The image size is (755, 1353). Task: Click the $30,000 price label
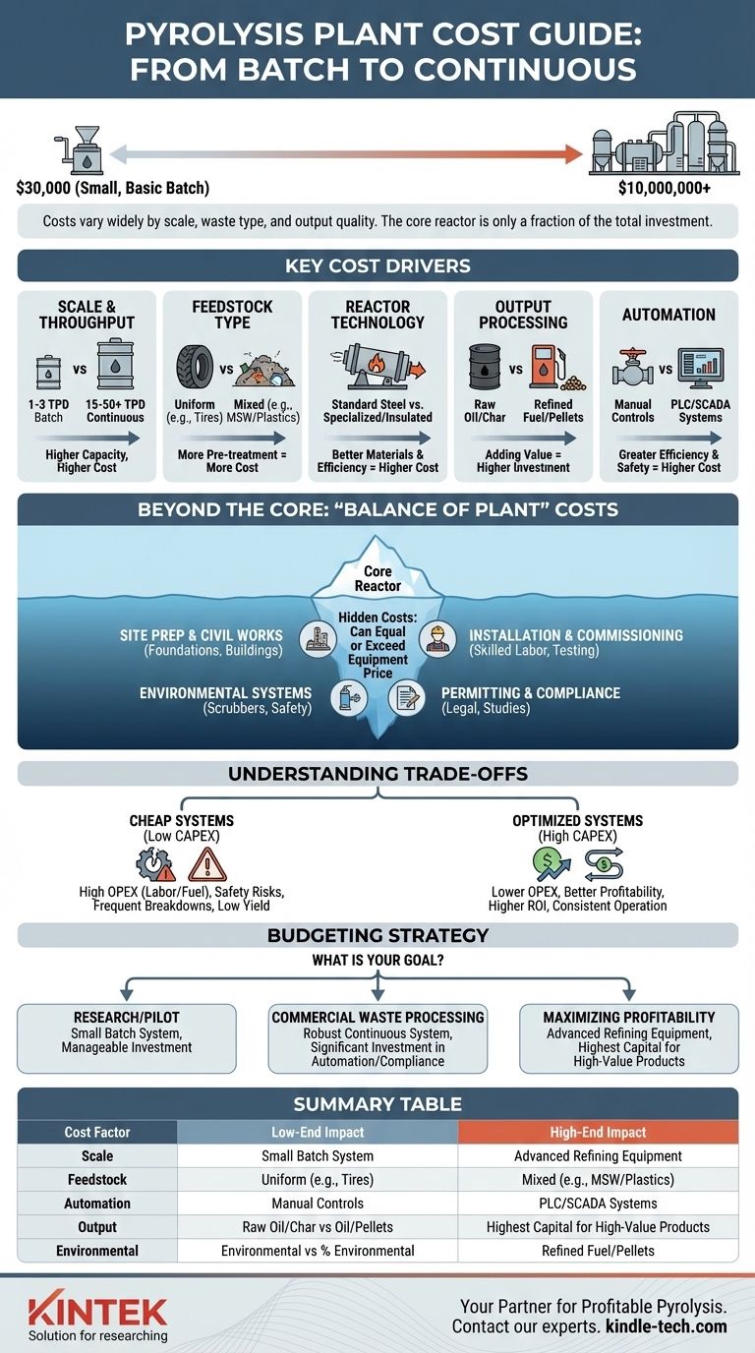(x=113, y=188)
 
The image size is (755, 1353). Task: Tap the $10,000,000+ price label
(x=664, y=188)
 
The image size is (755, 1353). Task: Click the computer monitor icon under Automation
(x=701, y=369)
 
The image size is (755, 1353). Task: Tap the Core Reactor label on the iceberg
(x=377, y=578)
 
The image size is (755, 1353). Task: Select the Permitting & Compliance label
(x=531, y=693)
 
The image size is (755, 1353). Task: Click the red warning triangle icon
(x=206, y=862)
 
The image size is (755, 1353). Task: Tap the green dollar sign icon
(x=552, y=862)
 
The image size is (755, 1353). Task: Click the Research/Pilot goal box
(x=127, y=1037)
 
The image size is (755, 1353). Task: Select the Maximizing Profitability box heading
(x=629, y=1017)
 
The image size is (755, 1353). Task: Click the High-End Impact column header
(x=598, y=1132)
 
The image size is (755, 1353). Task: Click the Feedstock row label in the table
(x=96, y=1179)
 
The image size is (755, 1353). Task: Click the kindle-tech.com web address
(x=666, y=1326)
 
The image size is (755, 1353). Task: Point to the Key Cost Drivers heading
(x=377, y=265)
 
